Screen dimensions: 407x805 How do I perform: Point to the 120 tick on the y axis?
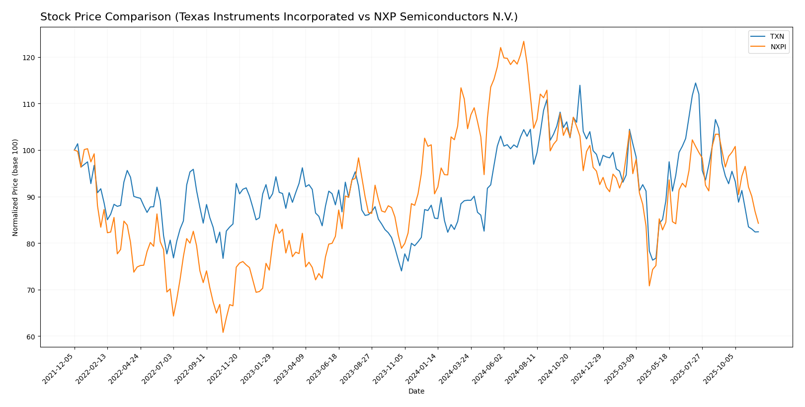click(x=32, y=58)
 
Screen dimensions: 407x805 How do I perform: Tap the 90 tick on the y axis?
click(x=32, y=197)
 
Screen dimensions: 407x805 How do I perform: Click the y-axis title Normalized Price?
click(x=15, y=187)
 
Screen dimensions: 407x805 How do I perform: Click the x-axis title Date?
click(x=416, y=392)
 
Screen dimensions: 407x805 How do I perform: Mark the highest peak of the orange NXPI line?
click(x=523, y=41)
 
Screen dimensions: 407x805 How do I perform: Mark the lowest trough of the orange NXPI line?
click(x=223, y=332)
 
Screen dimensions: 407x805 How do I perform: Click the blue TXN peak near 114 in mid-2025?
click(x=695, y=83)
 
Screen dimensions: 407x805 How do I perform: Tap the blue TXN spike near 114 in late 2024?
click(x=579, y=85)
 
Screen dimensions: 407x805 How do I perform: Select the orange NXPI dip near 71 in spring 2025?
click(x=649, y=286)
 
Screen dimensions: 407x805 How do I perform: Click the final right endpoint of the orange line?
click(x=758, y=224)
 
